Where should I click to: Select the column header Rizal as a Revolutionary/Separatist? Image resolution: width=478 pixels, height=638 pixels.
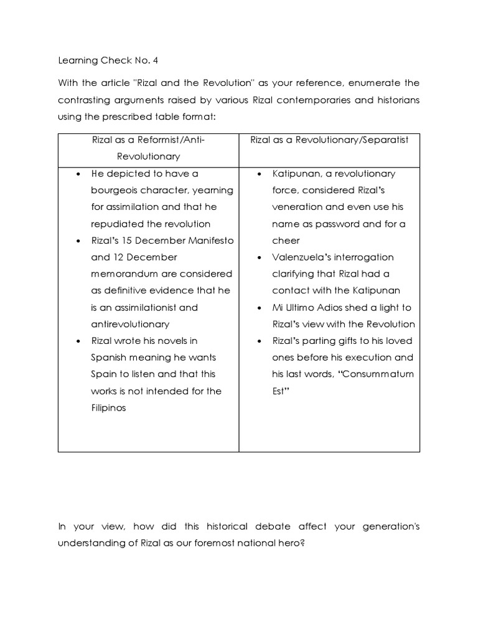[329, 140]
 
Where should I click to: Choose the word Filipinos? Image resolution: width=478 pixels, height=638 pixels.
[108, 408]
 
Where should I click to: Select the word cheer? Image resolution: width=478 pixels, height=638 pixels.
[286, 240]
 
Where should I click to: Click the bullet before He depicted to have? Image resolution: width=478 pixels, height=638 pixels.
[78, 173]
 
